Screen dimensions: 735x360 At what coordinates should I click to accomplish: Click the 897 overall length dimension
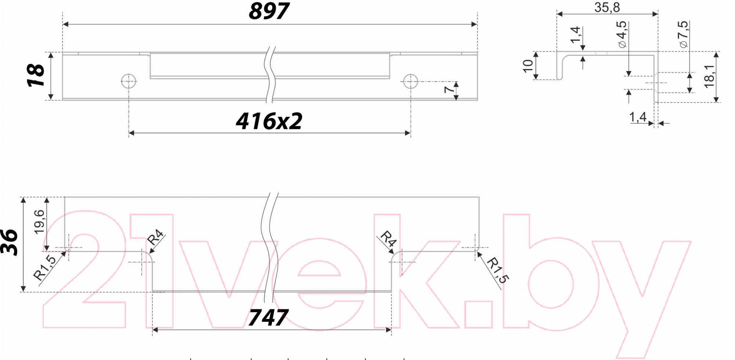tap(269, 11)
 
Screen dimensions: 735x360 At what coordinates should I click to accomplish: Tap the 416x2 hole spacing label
tap(269, 121)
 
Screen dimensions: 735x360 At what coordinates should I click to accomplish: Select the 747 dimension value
tap(268, 318)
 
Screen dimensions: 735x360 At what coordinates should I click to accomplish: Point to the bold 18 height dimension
tap(36, 75)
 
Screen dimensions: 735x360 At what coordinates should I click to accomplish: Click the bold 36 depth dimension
tap(9, 242)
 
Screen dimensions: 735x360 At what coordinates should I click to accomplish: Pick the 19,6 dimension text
tap(39, 222)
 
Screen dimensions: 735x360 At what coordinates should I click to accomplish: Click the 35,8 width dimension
tap(607, 7)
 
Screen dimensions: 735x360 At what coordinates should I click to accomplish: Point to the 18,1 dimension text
tap(709, 77)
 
